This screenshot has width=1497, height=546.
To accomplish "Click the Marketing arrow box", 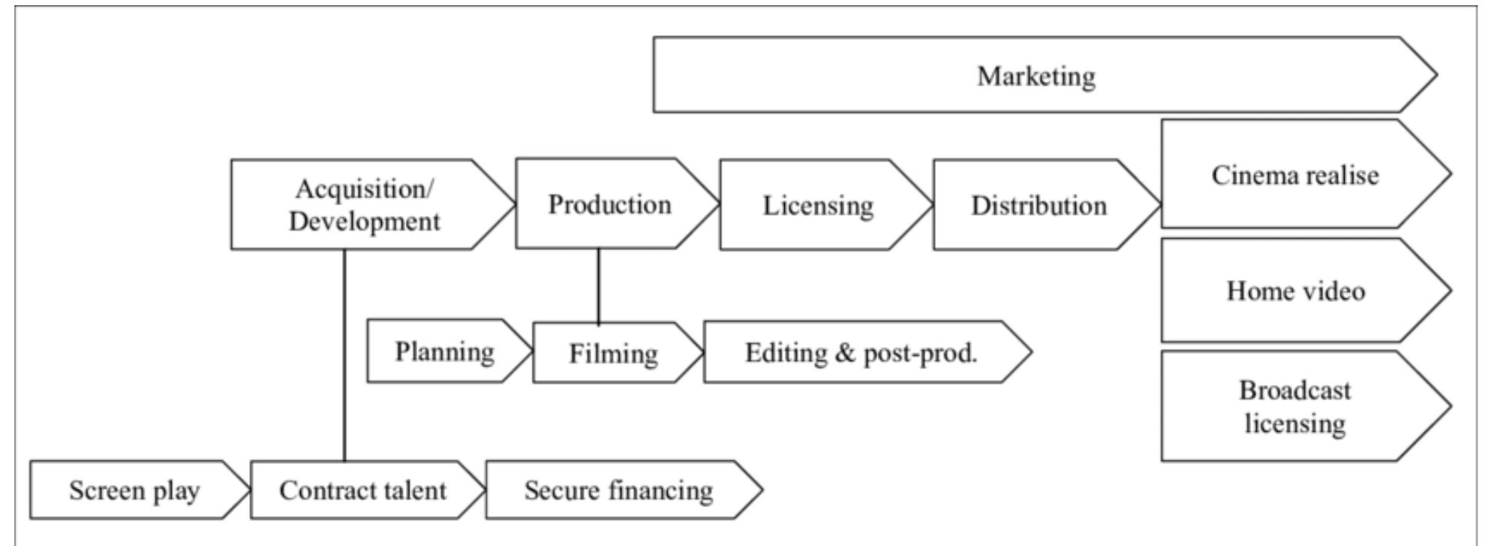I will (1036, 75).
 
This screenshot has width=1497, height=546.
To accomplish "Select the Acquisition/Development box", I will (364, 204).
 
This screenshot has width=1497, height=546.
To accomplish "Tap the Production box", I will (609, 204).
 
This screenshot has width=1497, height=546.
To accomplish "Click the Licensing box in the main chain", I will (818, 205).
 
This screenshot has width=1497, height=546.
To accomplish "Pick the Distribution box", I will (1039, 205).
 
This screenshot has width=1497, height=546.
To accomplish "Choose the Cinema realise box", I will (1294, 174).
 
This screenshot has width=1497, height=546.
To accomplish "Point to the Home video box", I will (1295, 290).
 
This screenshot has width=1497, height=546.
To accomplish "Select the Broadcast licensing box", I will (1294, 406).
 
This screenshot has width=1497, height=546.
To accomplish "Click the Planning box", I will (444, 351).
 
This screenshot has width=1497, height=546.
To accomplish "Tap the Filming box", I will (612, 353).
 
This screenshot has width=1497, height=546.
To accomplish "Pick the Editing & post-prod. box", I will (861, 352).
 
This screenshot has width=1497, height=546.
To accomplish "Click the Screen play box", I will (134, 490).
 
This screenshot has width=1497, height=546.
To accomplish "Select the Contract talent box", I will (362, 490).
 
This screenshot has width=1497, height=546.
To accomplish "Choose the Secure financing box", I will (618, 490).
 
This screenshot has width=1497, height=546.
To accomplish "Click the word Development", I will (365, 222).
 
